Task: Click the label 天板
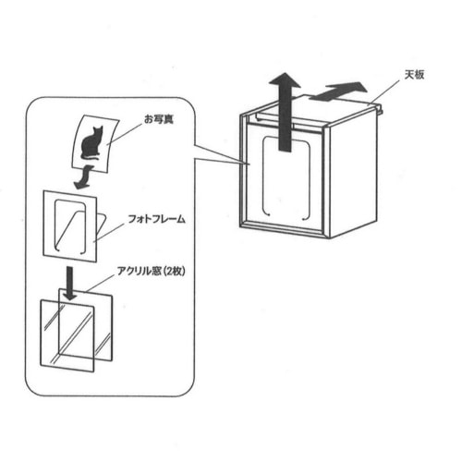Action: click(x=414, y=75)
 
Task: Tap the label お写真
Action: click(x=159, y=119)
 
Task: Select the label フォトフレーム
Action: click(x=156, y=219)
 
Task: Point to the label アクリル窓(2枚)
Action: click(x=151, y=271)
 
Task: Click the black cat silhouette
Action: click(x=91, y=143)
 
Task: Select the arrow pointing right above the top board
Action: click(x=338, y=91)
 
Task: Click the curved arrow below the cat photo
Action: click(x=83, y=177)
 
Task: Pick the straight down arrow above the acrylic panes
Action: click(x=70, y=284)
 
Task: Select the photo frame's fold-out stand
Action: click(x=102, y=226)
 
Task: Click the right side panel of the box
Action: click(x=354, y=174)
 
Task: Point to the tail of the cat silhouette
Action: click(x=90, y=158)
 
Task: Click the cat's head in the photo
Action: click(x=97, y=130)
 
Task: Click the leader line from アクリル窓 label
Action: click(x=99, y=284)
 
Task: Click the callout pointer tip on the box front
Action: click(x=249, y=164)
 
